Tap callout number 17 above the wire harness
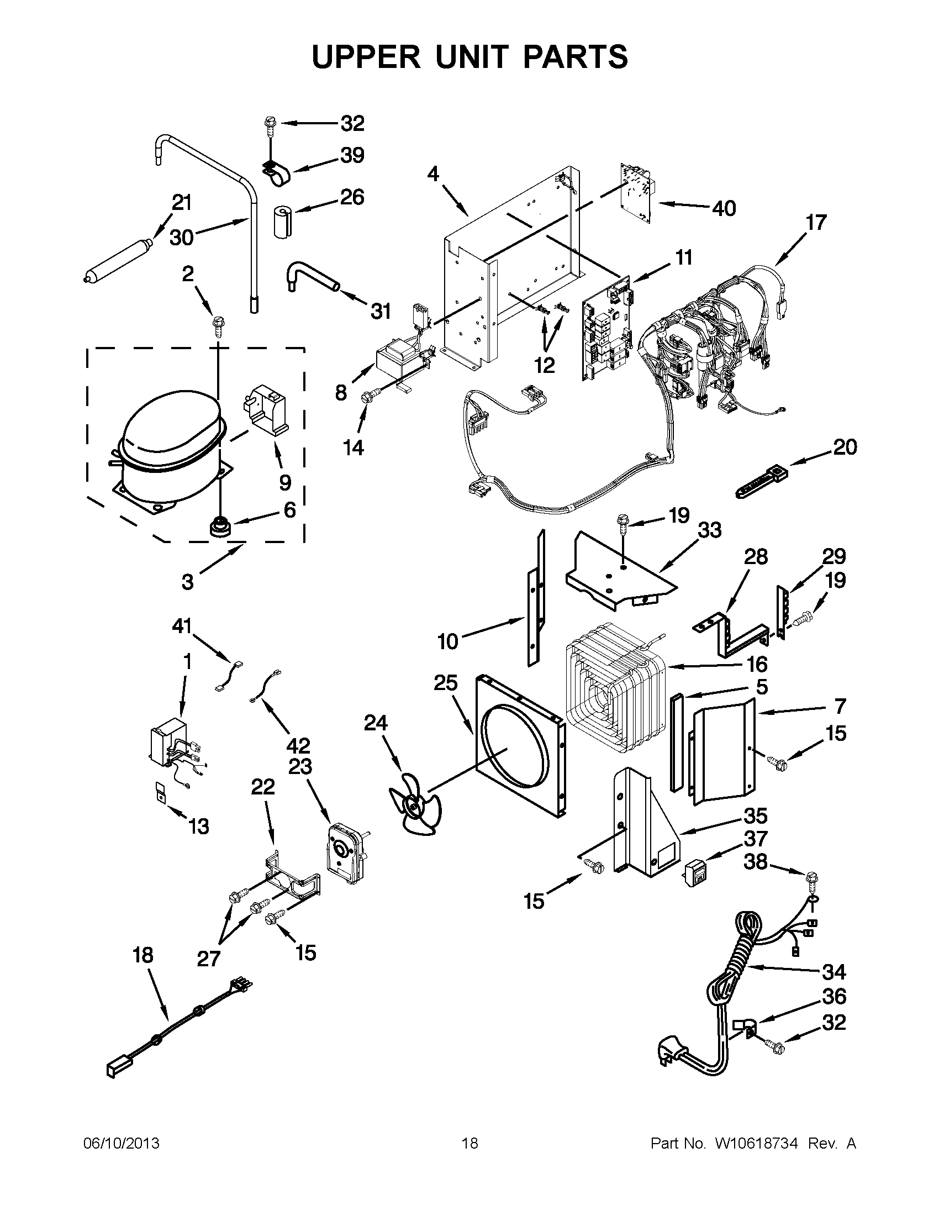tap(816, 223)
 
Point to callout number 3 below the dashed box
tap(188, 582)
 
